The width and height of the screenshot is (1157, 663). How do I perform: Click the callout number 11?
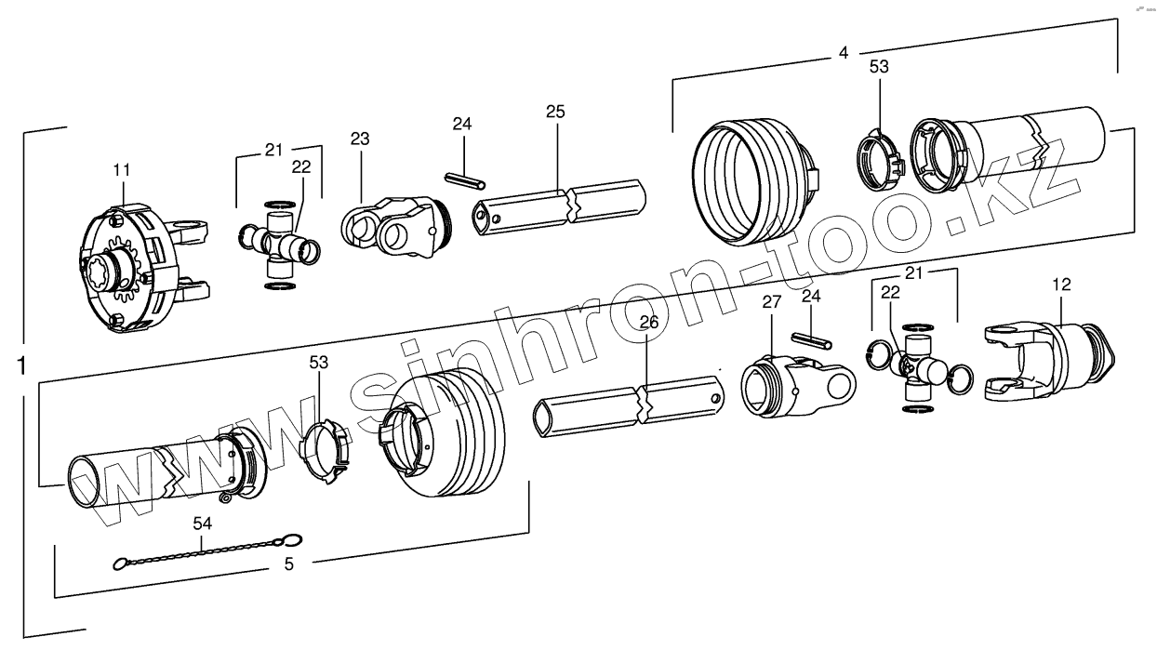122,169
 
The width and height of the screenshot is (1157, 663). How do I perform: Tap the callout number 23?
360,139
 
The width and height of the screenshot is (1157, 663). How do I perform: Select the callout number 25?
555,111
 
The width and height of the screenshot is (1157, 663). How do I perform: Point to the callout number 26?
648,322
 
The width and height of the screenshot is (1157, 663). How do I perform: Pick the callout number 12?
1062,282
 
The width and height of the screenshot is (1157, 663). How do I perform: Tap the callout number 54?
203,524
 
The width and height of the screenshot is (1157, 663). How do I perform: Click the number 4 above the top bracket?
844,53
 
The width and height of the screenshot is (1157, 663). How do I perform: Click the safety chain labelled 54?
205,550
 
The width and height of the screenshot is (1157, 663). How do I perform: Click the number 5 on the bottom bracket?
288,564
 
